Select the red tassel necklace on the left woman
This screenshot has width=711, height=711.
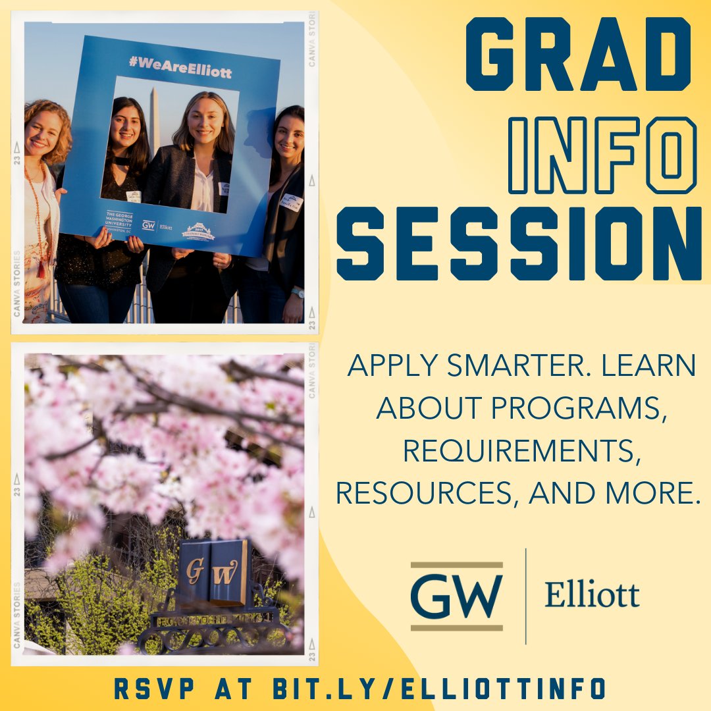click(x=41, y=263)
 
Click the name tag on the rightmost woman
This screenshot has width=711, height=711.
click(x=290, y=203)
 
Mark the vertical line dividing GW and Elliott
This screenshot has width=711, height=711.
click(x=525, y=596)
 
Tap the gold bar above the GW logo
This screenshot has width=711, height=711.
click(x=456, y=565)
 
